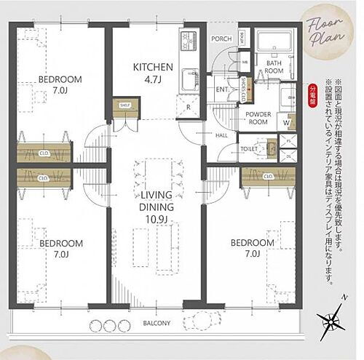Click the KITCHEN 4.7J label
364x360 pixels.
152,73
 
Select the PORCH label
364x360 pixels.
221,40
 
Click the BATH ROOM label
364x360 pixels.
274,67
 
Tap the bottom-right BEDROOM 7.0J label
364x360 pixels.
253,248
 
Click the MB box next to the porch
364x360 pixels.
245,63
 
